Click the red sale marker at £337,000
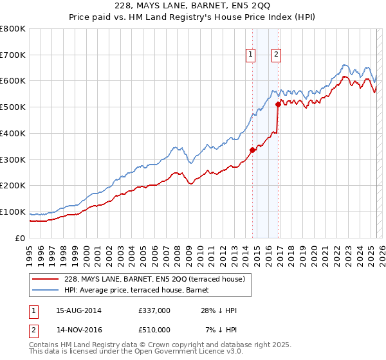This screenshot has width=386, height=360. pos(252,150)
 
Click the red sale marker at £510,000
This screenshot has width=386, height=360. pos(278,104)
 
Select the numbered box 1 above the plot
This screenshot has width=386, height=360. pos(250,55)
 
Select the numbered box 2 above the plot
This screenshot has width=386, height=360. pos(276,55)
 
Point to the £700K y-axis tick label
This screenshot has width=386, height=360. pos(12,55)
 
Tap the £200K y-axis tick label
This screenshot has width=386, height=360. pos(12,186)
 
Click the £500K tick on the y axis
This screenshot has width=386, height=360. pos(12,107)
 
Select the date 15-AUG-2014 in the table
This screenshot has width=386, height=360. pos(78,310)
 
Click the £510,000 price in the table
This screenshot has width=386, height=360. pos(154,330)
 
